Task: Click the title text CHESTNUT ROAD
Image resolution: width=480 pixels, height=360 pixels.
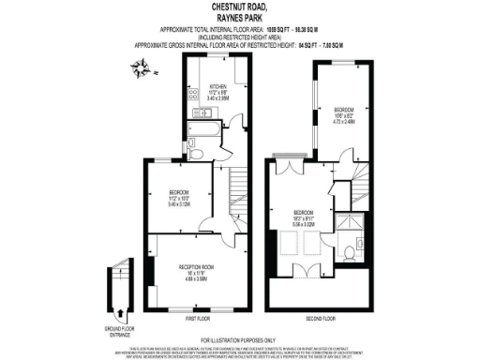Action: [x=239, y=7]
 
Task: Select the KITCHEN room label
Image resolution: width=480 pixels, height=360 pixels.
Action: [x=217, y=86]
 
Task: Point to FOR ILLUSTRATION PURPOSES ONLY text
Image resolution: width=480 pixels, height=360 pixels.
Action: [x=239, y=339]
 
